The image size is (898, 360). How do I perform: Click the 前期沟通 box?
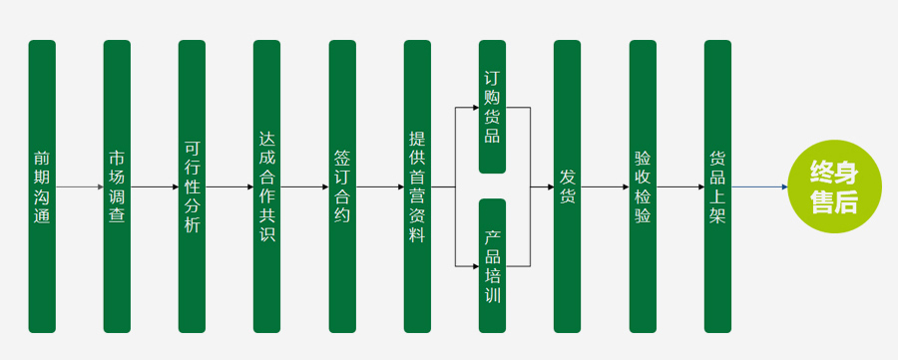click(x=42, y=186)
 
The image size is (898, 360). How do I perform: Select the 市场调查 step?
click(x=117, y=186)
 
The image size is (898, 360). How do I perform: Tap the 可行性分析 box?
click(x=192, y=186)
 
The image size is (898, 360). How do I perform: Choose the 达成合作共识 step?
click(x=266, y=186)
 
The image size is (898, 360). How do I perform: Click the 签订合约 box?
click(x=342, y=186)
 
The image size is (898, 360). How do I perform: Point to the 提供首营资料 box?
click(x=417, y=186)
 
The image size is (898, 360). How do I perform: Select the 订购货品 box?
click(x=493, y=107)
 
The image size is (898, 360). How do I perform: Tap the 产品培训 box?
click(x=493, y=265)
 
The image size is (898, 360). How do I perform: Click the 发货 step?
click(x=567, y=186)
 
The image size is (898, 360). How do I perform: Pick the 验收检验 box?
click(x=643, y=186)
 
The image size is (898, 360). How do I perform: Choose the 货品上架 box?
click(x=717, y=186)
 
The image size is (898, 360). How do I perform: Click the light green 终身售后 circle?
click(x=834, y=186)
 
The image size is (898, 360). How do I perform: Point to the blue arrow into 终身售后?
click(x=760, y=186)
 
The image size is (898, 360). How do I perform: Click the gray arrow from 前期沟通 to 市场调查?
click(x=80, y=186)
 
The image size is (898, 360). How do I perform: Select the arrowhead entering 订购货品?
click(x=476, y=107)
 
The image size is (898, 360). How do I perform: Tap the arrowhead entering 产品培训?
click(x=476, y=266)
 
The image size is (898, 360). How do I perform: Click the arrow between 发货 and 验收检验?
click(x=605, y=186)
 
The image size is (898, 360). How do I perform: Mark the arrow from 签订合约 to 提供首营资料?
click(x=380, y=186)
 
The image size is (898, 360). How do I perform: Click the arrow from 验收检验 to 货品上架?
click(x=680, y=186)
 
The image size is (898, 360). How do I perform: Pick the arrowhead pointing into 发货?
click(x=551, y=186)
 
